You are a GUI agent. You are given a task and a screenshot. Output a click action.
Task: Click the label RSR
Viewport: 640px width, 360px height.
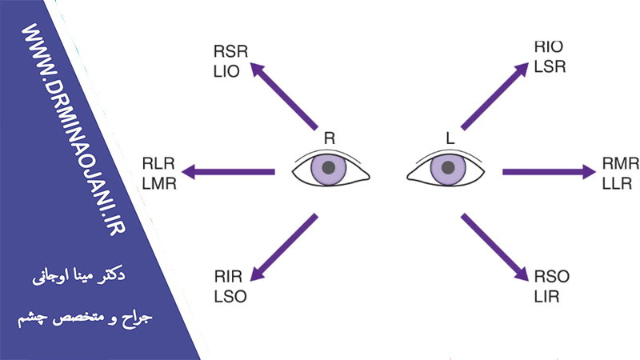(231, 52)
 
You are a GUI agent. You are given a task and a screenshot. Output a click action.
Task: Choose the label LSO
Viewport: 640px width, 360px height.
(230, 295)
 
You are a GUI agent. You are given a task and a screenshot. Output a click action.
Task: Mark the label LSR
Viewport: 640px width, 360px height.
(550, 67)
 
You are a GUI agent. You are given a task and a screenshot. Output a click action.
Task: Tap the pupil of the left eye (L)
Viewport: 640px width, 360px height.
(448, 167)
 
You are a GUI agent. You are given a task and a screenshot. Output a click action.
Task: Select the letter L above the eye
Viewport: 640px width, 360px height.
(450, 138)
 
